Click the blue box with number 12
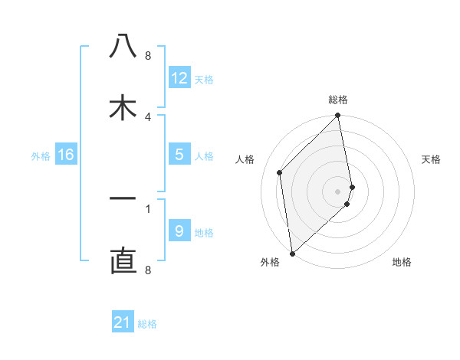[179, 78]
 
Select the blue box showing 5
[179, 155]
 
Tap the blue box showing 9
[179, 231]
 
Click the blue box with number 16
[66, 155]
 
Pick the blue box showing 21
[123, 322]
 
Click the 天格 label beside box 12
[204, 80]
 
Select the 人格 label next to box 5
[204, 156]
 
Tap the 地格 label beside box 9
[204, 233]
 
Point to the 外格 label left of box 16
[41, 156]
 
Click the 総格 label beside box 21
[147, 324]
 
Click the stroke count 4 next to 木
[148, 116]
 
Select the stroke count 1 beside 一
[148, 208]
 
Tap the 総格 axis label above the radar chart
[338, 100]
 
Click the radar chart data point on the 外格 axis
[292, 253]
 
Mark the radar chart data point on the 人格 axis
[280, 172]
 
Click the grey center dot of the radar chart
[338, 191]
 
